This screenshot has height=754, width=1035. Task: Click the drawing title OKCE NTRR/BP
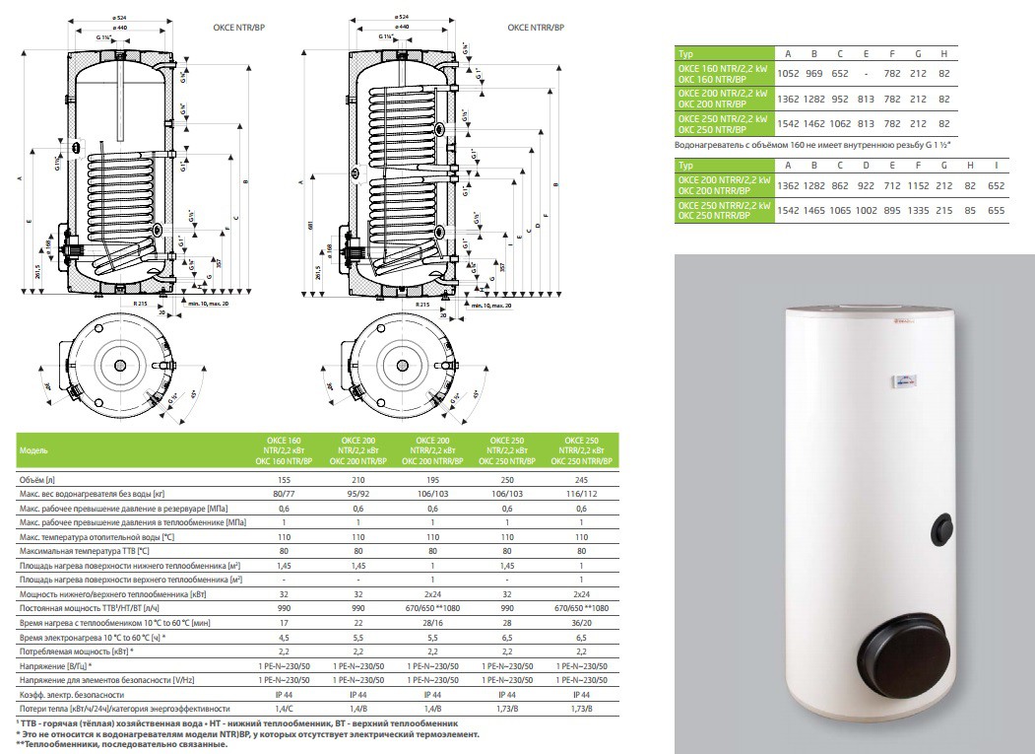(x=520, y=28)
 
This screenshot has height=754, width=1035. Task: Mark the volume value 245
(x=582, y=476)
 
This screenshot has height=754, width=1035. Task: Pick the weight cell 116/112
(x=582, y=492)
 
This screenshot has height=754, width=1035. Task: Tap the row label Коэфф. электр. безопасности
(x=71, y=693)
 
